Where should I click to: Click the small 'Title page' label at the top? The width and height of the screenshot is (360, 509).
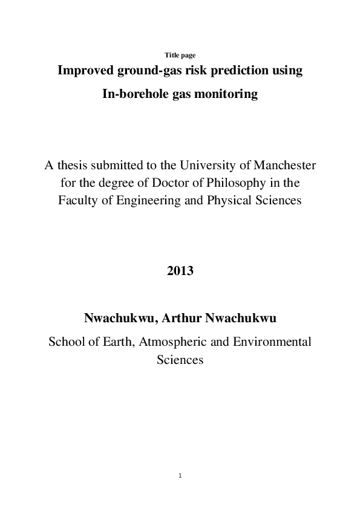pos(180,55)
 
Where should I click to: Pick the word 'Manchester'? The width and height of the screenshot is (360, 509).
pos(284,164)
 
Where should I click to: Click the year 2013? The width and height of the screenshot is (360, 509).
pos(180,271)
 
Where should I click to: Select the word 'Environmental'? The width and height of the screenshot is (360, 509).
pos(272,342)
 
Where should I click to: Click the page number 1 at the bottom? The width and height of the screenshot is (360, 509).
pos(180,476)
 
